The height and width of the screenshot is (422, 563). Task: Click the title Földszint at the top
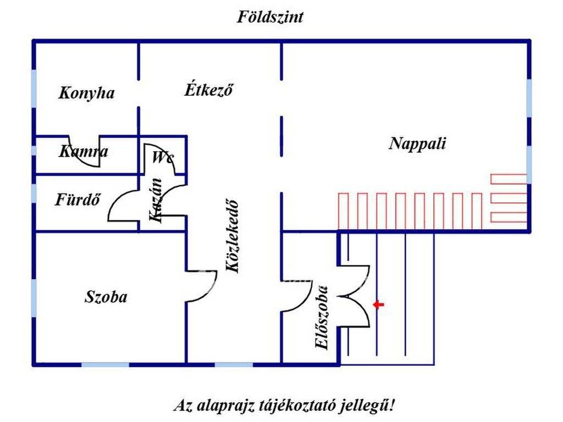[x=270, y=17]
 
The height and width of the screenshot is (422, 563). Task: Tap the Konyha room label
[x=86, y=93]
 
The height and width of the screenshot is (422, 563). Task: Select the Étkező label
[x=208, y=90]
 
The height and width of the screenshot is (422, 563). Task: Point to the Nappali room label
[x=417, y=144]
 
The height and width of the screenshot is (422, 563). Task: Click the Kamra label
[x=84, y=151]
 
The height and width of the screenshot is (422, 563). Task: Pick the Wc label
[x=163, y=158]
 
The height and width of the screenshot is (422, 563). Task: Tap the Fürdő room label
[x=78, y=200]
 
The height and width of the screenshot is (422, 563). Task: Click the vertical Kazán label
[x=156, y=201]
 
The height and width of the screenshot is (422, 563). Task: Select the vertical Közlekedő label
[x=233, y=235]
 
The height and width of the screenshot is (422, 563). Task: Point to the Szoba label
[x=106, y=297]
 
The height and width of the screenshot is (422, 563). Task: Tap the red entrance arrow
[x=378, y=304]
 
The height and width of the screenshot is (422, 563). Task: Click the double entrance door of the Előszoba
[x=355, y=297]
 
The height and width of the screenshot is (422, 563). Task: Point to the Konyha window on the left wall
[x=34, y=88]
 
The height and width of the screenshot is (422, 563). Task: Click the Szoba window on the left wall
[x=34, y=297]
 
